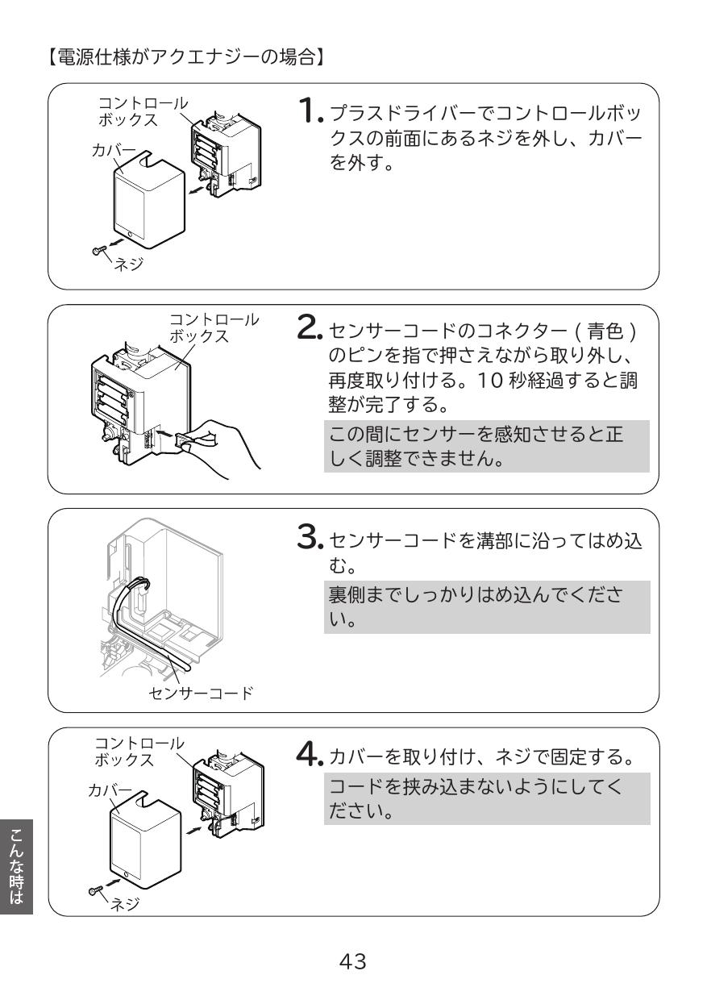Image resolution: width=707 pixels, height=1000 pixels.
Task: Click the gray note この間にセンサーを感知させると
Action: [486, 452]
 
